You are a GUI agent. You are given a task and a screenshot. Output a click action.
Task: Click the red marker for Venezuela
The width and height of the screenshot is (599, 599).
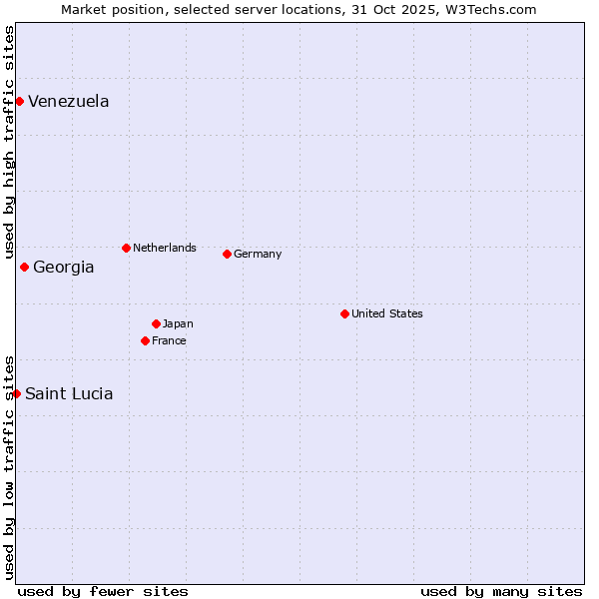19,101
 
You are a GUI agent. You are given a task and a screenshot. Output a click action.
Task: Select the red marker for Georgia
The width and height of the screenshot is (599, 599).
24,267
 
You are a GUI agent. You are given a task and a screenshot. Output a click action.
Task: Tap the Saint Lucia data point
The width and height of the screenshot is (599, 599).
16,393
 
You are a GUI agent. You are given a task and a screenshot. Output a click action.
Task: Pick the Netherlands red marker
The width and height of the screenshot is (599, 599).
126,248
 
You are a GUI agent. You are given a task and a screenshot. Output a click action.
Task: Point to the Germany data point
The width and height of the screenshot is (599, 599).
227,254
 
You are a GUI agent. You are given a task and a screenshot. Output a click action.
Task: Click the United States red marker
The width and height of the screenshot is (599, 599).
344,313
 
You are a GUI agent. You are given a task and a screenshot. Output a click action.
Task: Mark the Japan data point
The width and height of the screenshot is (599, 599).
156,323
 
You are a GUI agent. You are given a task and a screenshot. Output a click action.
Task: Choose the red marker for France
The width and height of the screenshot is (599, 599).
145,340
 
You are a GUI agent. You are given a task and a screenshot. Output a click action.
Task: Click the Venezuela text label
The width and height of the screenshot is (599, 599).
69,101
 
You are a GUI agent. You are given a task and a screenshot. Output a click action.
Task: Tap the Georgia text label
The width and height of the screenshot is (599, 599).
64,267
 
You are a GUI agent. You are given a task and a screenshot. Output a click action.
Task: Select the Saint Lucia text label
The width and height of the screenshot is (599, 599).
69,393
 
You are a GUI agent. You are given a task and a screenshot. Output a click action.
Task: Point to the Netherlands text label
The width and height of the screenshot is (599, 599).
165,248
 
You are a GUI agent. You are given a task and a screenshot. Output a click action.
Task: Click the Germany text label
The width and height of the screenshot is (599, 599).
258,254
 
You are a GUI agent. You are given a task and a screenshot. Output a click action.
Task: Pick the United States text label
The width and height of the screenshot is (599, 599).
387,313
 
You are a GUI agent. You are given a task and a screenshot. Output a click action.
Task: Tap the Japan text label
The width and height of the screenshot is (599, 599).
178,323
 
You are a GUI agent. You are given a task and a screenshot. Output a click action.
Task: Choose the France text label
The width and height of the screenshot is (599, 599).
169,340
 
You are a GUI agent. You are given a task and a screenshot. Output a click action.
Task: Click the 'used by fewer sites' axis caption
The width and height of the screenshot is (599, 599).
103,591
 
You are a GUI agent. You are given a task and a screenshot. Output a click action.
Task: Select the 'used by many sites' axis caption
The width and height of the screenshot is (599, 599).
501,591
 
